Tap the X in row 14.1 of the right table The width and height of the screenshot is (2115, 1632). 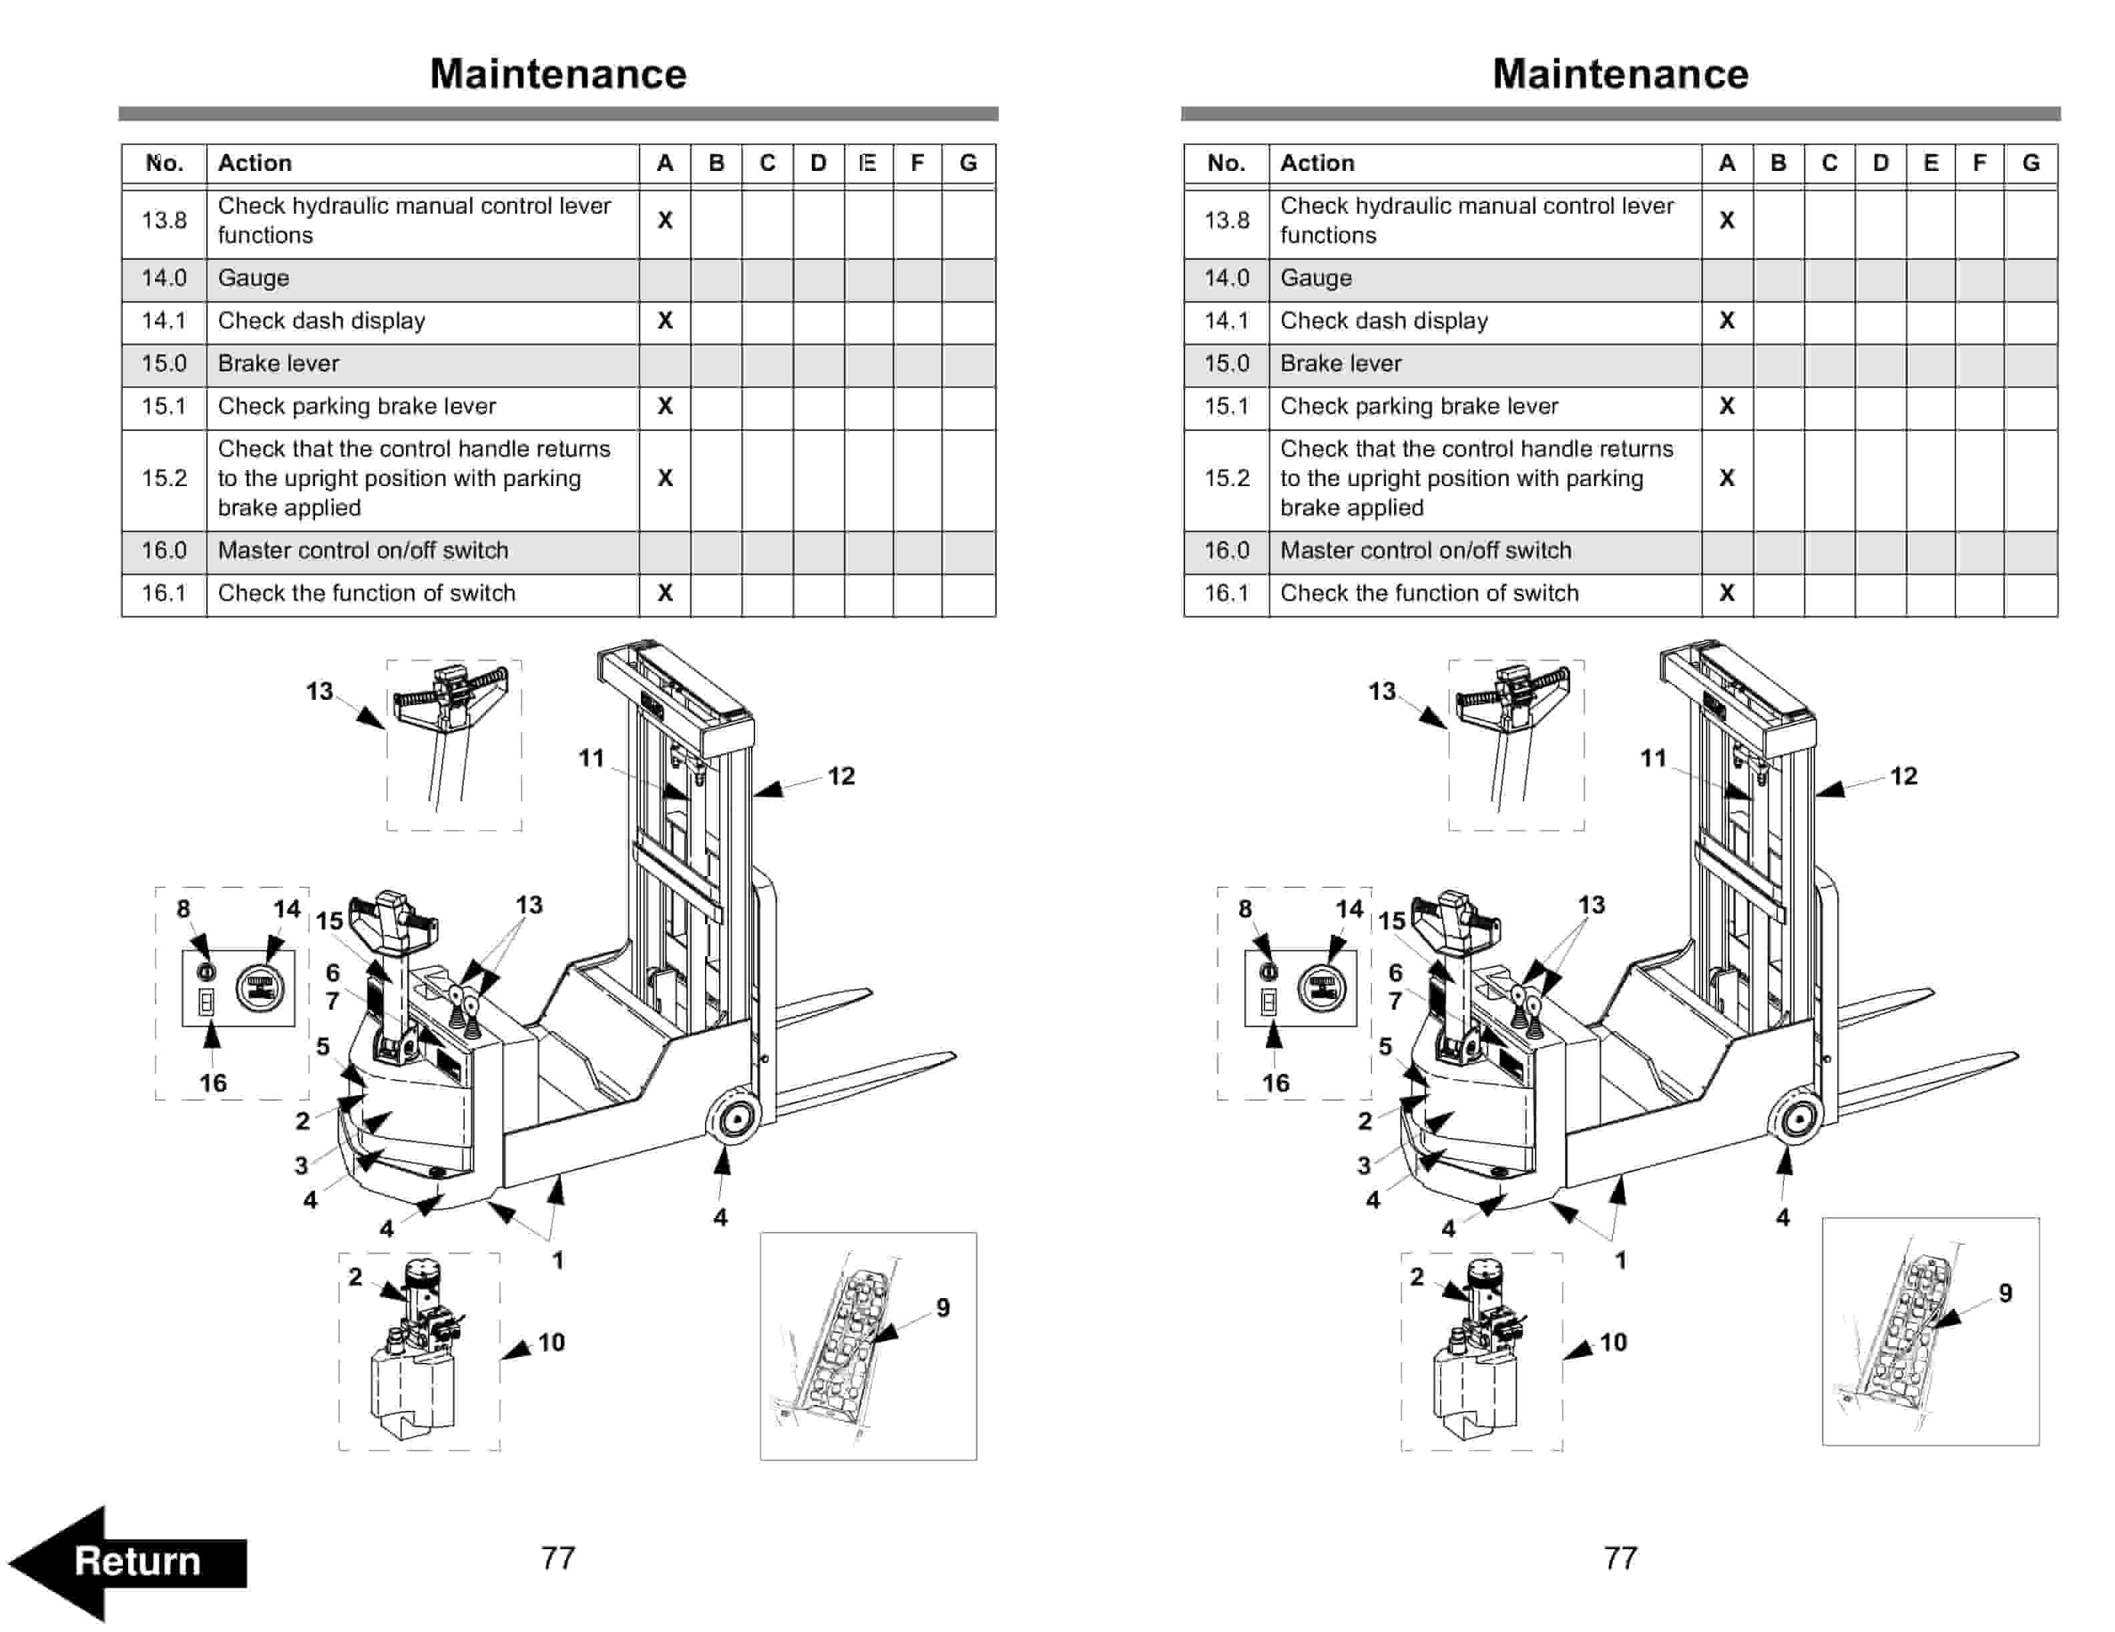[x=1726, y=321]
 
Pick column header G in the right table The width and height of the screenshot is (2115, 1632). [x=2031, y=163]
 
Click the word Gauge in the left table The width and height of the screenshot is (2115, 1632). [x=253, y=278]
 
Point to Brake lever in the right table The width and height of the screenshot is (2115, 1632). [x=1341, y=363]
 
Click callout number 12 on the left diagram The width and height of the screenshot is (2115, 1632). [x=841, y=776]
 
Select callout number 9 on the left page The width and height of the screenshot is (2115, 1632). [x=942, y=1307]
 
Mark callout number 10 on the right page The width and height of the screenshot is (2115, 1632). [x=1612, y=1342]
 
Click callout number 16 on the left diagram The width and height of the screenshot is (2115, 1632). [x=213, y=1083]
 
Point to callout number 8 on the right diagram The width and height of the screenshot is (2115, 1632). [x=1244, y=909]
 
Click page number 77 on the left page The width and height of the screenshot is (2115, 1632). [x=558, y=1557]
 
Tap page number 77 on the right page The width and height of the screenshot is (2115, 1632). [x=1620, y=1557]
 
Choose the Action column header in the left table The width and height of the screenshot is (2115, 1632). [x=254, y=163]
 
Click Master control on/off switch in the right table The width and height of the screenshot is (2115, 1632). [x=1425, y=550]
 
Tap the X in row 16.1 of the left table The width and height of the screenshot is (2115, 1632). [x=664, y=593]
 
